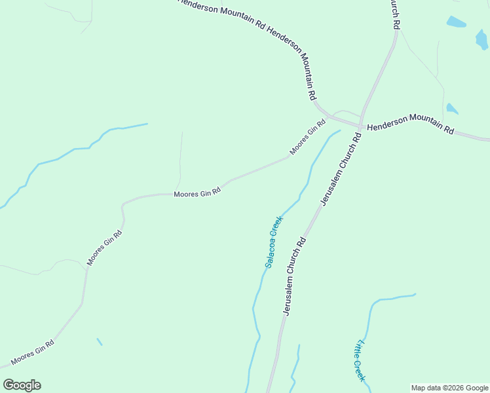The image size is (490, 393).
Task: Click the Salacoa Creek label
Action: tap(274, 242)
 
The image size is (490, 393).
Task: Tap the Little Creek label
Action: tap(359, 361)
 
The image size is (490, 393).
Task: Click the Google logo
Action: tap(22, 385)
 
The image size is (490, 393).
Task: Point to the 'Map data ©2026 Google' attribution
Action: tap(450, 388)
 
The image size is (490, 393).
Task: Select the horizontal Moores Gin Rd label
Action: tap(197, 193)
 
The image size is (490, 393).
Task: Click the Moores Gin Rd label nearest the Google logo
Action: tap(32, 352)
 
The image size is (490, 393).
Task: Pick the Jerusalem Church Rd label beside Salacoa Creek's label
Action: tap(295, 276)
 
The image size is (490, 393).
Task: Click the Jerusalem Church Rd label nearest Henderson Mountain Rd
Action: tap(341, 169)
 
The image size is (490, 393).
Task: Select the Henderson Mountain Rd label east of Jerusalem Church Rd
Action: tap(410, 123)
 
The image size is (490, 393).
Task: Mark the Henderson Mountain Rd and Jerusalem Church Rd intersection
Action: tap(361, 125)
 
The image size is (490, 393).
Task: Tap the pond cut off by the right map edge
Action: tap(483, 40)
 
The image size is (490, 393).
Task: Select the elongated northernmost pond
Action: tap(456, 22)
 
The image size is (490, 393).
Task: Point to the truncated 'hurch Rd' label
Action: tap(394, 14)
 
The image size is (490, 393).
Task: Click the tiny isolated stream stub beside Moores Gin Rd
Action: tap(100, 341)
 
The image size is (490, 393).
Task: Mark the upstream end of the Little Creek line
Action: tap(414, 294)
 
